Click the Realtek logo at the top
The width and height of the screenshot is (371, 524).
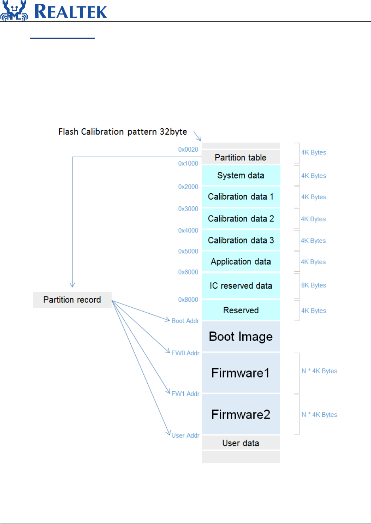coord(54,11)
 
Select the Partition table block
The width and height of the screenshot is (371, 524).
coord(241,157)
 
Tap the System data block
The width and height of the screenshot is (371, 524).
coord(241,175)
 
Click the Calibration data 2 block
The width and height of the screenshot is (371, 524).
coord(241,219)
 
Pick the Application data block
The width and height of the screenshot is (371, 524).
coord(241,261)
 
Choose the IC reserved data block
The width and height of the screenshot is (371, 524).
coord(241,286)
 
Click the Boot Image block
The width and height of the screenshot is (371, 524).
coord(241,336)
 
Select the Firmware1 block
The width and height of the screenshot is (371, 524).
coord(241,373)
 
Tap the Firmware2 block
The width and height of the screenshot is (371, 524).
coord(241,414)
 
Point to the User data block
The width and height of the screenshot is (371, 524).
coord(241,443)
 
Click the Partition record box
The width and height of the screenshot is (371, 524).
coord(72,300)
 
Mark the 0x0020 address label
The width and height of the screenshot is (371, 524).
coord(188,149)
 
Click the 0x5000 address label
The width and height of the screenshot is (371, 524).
coord(188,251)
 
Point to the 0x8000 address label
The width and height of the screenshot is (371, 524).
coord(188,299)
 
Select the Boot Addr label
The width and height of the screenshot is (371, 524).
coord(185,321)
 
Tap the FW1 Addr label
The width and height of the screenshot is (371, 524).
coord(185,394)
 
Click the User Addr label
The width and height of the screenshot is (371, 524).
coord(185,435)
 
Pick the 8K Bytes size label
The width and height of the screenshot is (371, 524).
coord(314,285)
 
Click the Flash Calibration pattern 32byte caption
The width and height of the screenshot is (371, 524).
coord(123,131)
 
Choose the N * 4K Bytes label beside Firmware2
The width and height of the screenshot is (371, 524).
coord(320,415)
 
